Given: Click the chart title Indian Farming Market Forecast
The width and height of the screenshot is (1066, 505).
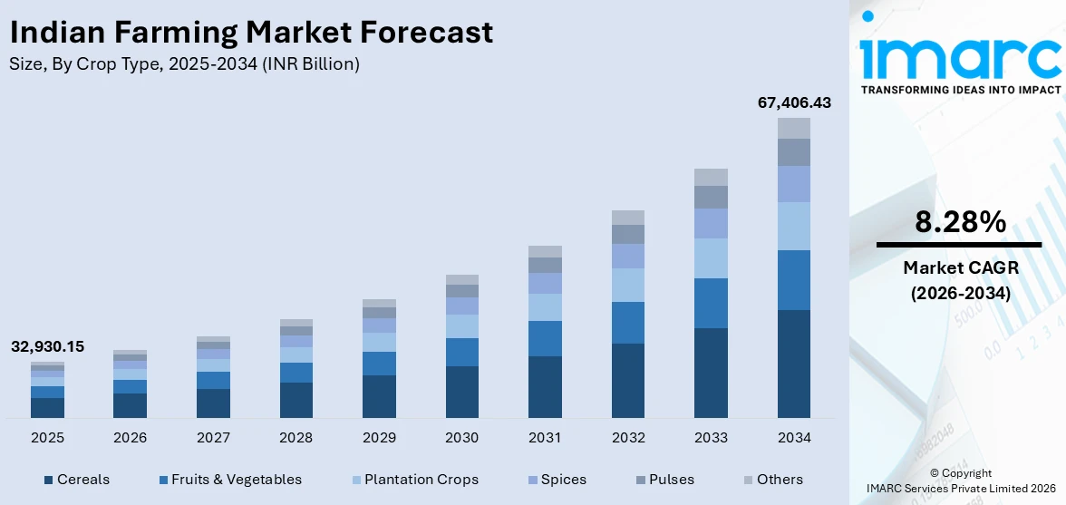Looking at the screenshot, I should [251, 33].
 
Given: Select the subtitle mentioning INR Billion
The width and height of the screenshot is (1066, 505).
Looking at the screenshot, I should [185, 64].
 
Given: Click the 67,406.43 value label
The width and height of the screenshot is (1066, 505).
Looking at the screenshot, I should [794, 103].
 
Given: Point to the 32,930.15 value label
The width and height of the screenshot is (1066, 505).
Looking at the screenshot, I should [47, 347].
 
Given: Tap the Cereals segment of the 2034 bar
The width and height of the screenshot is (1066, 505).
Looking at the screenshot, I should [793, 364].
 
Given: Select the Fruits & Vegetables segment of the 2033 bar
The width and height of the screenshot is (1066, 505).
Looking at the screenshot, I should [711, 303].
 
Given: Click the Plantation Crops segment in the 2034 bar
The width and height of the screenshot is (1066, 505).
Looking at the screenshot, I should [793, 226].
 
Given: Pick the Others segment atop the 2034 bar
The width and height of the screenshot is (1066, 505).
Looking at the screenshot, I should [793, 128].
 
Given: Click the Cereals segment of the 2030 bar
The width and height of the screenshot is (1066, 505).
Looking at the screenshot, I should [462, 392].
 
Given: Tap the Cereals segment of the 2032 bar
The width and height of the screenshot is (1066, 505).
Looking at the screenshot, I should [628, 380].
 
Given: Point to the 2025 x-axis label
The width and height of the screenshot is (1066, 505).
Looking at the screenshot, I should [47, 438].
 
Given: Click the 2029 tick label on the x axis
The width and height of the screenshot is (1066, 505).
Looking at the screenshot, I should [379, 438].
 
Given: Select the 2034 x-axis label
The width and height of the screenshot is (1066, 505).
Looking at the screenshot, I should [793, 438].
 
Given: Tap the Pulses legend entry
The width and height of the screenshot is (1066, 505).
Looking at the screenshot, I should [664, 480].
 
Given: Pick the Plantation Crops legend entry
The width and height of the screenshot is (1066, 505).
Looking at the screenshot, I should [412, 480].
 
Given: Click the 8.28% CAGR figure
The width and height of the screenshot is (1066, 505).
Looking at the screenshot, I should [959, 221].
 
